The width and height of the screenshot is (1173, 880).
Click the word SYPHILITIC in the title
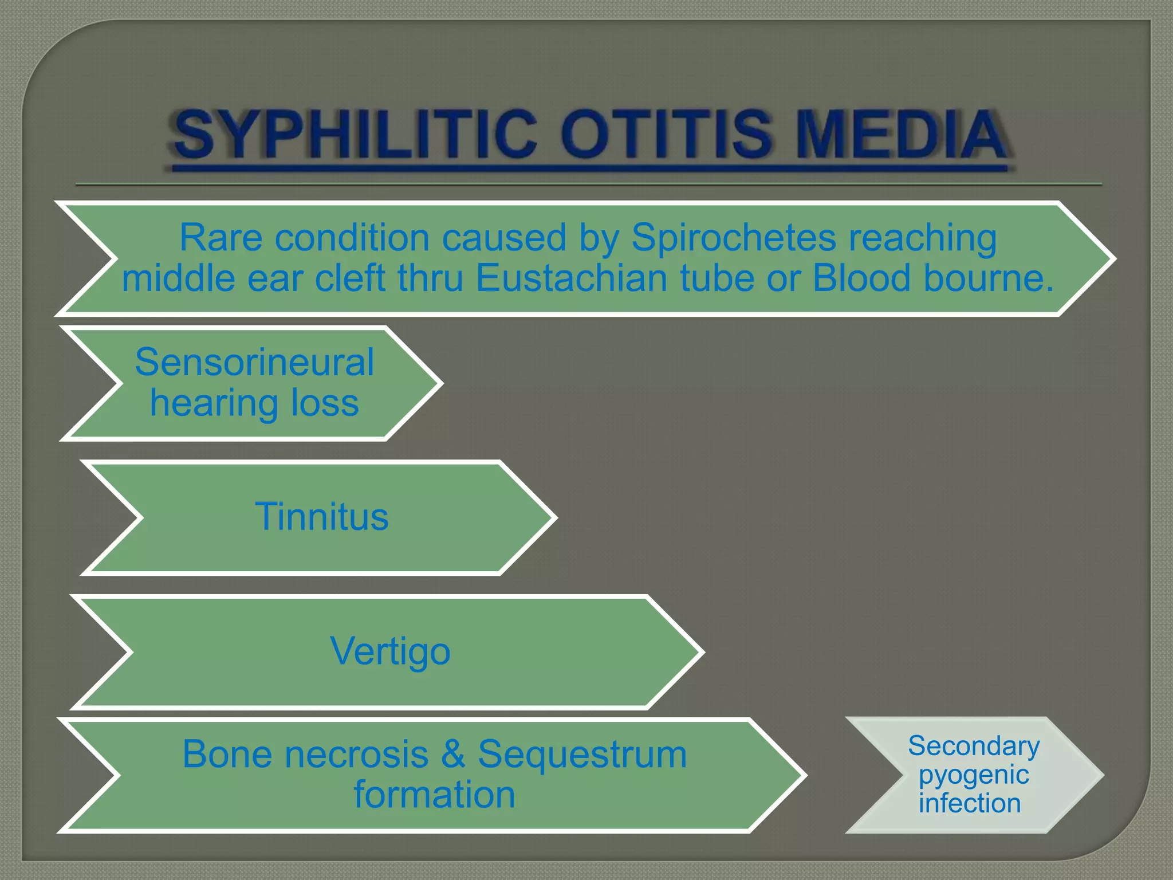click(356, 135)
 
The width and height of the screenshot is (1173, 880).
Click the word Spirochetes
click(733, 238)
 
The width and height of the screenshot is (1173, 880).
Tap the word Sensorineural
click(254, 363)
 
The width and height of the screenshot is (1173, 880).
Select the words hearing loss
click(254, 403)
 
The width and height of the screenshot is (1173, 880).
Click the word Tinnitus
click(321, 517)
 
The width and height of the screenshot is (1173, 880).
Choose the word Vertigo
click(390, 651)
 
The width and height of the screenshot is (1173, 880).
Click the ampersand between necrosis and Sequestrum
click(453, 755)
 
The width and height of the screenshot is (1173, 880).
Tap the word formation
click(434, 795)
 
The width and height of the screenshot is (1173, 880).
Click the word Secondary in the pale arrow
click(974, 746)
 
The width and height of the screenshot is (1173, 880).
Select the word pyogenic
click(974, 775)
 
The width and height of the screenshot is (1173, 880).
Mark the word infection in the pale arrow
click(970, 803)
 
